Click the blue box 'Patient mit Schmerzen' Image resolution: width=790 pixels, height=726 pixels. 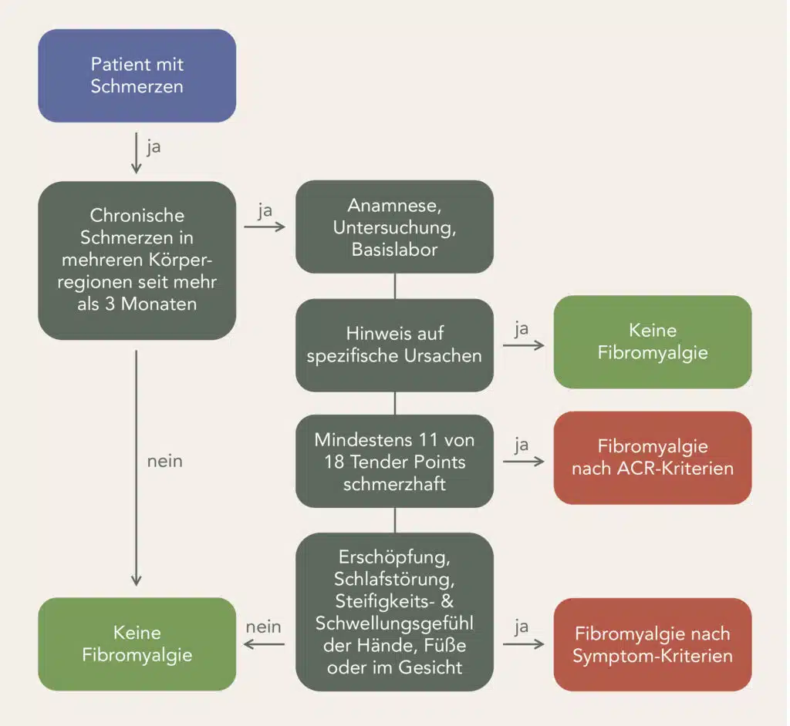[x=137, y=76]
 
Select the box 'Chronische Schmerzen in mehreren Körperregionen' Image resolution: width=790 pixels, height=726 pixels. [x=137, y=260]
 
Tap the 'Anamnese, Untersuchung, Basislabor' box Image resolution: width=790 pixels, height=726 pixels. [x=394, y=227]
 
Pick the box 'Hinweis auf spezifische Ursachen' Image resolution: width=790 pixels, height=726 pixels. [x=394, y=345]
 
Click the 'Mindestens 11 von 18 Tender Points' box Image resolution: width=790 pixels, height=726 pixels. [x=394, y=460]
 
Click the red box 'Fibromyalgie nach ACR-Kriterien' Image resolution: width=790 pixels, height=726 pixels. [x=652, y=457]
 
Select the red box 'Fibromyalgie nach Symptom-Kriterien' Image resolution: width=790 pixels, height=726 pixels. [x=652, y=644]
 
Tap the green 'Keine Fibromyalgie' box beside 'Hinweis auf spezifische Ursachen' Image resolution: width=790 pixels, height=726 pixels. [x=652, y=341]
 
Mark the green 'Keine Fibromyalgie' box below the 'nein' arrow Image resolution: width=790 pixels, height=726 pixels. [x=137, y=644]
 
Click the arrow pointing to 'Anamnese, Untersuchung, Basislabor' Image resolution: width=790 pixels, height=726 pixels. [x=265, y=227]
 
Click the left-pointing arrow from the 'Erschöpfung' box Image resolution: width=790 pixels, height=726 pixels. [x=265, y=644]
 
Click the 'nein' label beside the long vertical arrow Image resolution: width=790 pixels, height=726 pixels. [x=164, y=462]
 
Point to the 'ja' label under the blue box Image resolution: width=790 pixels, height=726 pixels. [x=154, y=146]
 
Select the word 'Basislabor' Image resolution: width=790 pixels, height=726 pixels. [x=394, y=249]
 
